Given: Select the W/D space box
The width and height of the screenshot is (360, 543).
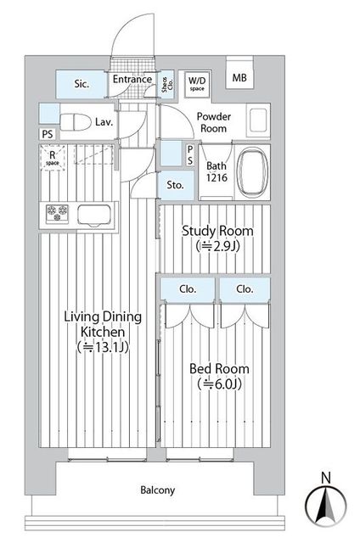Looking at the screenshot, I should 197,82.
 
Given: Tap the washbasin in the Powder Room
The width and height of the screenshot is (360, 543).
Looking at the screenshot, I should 258,120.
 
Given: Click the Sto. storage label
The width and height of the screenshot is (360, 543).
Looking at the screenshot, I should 175,184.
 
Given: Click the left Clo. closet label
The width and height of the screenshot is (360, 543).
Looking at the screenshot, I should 188,288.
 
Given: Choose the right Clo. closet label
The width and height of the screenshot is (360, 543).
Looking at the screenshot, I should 245,288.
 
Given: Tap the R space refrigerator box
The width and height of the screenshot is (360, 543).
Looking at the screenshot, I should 53,159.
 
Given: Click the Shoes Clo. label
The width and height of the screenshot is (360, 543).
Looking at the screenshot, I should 165,83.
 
